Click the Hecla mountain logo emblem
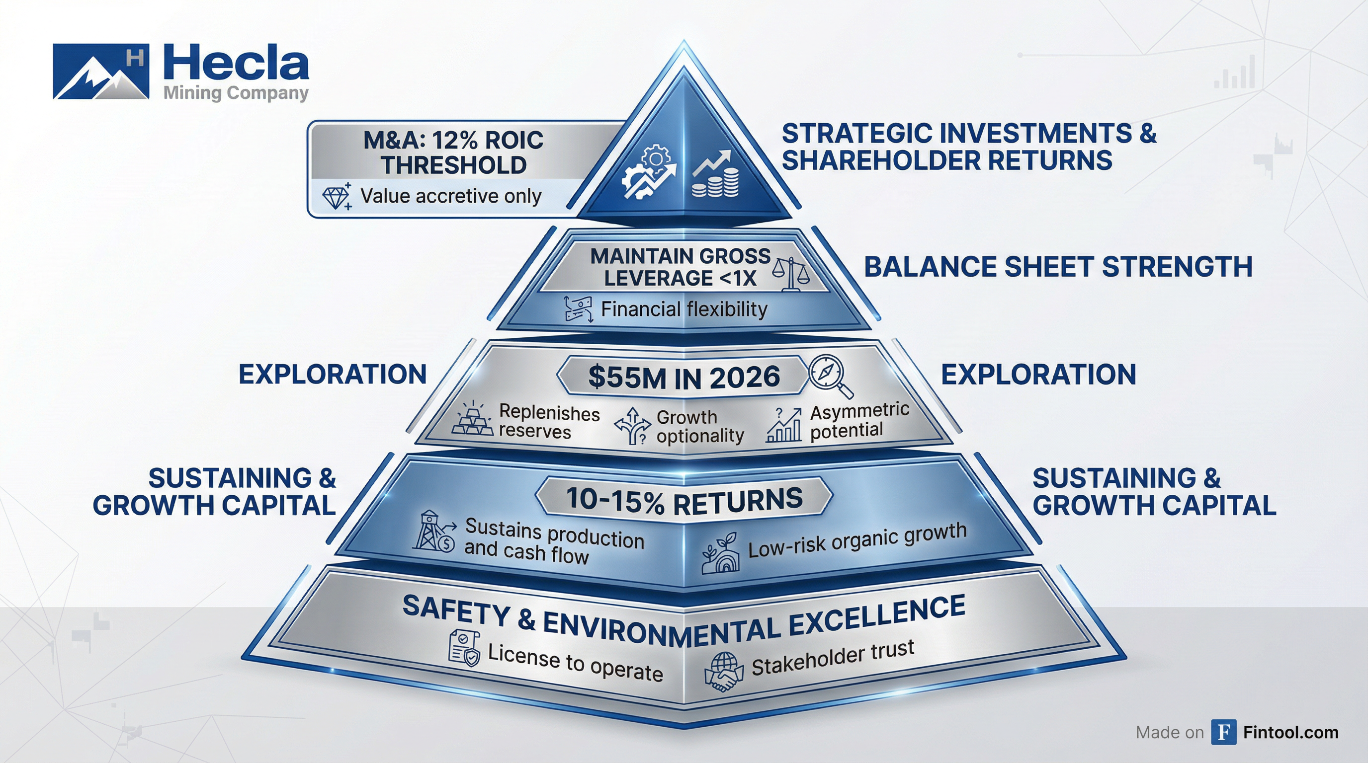point(100,72)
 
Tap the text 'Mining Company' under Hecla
point(235,93)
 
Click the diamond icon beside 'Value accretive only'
point(336,197)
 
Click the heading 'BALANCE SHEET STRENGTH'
point(1057,266)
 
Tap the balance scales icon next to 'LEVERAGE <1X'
point(791,274)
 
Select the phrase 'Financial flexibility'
point(684,309)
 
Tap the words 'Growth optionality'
point(699,427)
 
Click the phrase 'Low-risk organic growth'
point(856,540)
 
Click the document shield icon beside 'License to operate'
point(464,648)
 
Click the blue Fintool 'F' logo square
point(1223,732)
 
